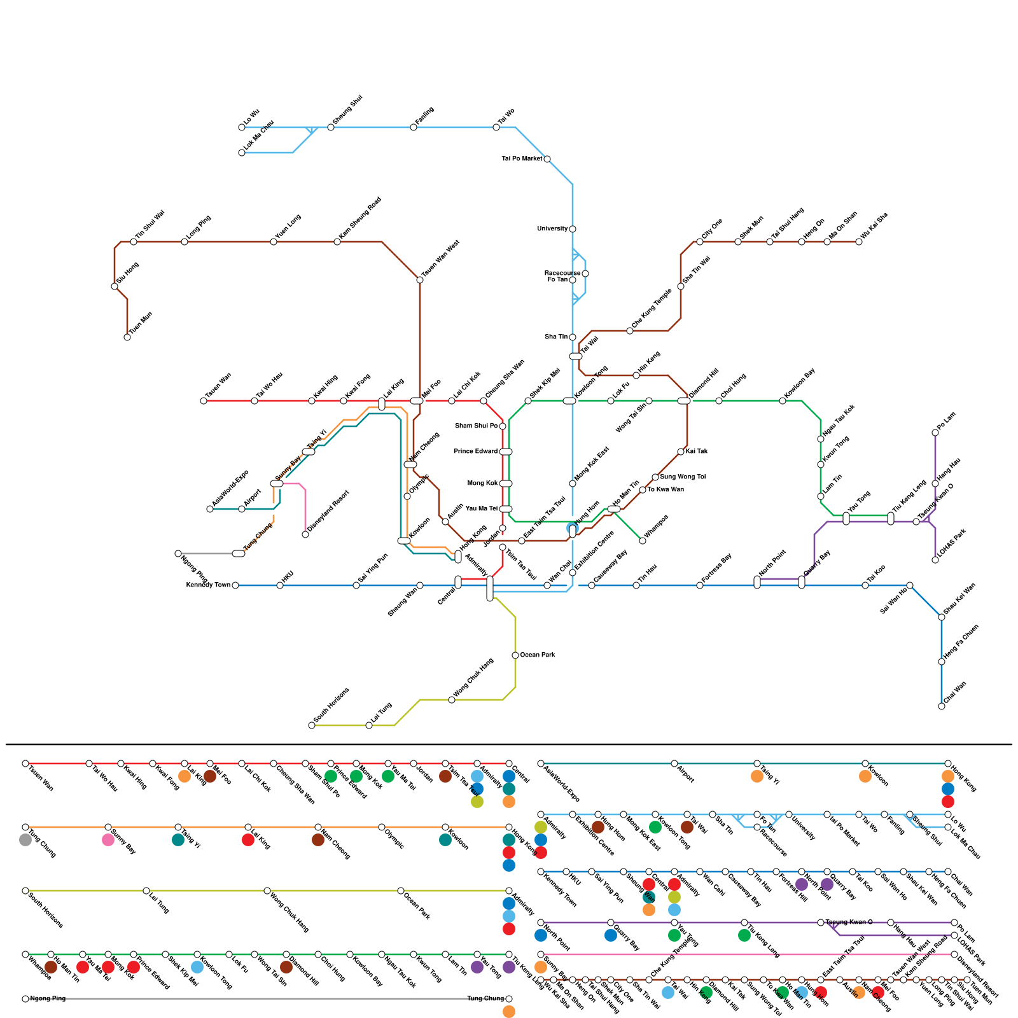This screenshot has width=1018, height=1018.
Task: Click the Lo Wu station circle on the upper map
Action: tap(242, 127)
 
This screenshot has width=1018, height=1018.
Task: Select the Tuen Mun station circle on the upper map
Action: tap(127, 337)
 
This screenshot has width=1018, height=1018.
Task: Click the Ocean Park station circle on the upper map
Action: tap(515, 655)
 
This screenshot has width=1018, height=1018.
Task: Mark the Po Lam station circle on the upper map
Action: tap(935, 433)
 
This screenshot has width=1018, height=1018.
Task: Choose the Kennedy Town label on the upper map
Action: tap(208, 585)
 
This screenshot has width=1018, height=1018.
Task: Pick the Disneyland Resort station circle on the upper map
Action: tap(305, 534)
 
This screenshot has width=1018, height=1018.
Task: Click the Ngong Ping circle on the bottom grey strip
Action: tap(25, 999)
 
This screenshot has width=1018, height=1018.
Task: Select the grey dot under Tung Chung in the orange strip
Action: tap(25, 840)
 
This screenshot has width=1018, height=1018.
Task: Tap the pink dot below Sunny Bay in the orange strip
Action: tap(108, 840)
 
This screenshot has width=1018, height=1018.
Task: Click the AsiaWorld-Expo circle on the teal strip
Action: tap(541, 763)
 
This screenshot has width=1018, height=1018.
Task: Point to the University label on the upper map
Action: tap(552, 229)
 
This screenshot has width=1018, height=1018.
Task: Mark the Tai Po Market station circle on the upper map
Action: tap(547, 159)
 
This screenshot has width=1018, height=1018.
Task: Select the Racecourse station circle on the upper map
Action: tap(585, 274)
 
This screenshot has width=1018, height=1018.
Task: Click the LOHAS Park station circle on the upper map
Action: tap(935, 560)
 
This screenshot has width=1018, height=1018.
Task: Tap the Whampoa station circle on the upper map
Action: tap(643, 541)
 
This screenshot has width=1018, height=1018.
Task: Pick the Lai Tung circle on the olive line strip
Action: tap(146, 891)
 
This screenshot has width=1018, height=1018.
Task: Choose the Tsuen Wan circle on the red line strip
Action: tap(25, 763)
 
